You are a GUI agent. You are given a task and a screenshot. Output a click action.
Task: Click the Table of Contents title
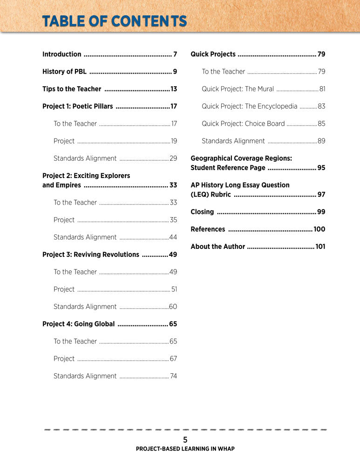tap(114, 21)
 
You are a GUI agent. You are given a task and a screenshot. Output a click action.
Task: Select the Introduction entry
tap(62, 54)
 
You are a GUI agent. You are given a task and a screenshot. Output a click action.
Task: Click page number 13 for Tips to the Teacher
tap(174, 89)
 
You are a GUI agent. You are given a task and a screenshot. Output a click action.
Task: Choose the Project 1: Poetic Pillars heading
tap(78, 106)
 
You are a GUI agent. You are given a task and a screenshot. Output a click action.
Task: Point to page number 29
tap(173, 158)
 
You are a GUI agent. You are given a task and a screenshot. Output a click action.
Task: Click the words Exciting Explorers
tap(102, 176)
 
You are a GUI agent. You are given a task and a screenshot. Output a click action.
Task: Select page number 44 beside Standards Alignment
tap(173, 237)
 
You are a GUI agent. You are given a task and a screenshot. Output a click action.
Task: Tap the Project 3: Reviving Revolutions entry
tap(91, 254)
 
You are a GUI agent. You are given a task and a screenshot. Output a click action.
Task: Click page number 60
tap(173, 307)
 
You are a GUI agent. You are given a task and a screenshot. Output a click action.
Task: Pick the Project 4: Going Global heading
tap(78, 324)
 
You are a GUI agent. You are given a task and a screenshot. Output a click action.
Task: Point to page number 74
tap(173, 376)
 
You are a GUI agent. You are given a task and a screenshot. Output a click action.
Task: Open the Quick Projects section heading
tap(213, 54)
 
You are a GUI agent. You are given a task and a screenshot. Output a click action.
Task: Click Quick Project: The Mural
tap(238, 89)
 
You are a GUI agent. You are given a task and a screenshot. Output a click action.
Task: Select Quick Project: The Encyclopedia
tap(249, 106)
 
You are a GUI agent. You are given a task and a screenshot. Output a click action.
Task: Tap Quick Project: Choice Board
tap(243, 124)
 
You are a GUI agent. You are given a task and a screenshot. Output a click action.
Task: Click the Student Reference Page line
tap(228, 168)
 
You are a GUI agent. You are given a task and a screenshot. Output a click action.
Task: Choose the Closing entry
tap(203, 212)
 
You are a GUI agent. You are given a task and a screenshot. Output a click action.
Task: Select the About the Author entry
tap(217, 247)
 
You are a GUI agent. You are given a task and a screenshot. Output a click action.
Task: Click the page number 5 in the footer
tap(185, 439)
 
